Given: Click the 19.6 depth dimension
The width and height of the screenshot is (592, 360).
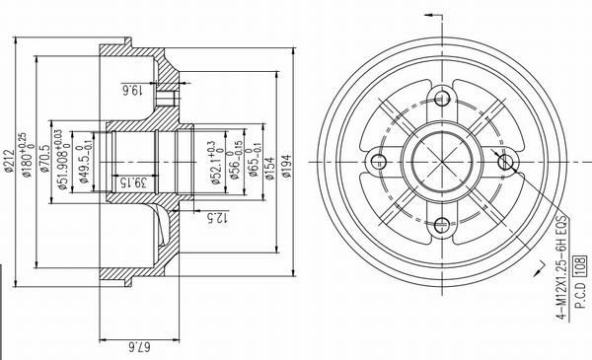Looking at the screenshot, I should [x=134, y=91].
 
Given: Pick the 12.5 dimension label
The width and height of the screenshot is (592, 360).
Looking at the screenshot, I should [x=209, y=215].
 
